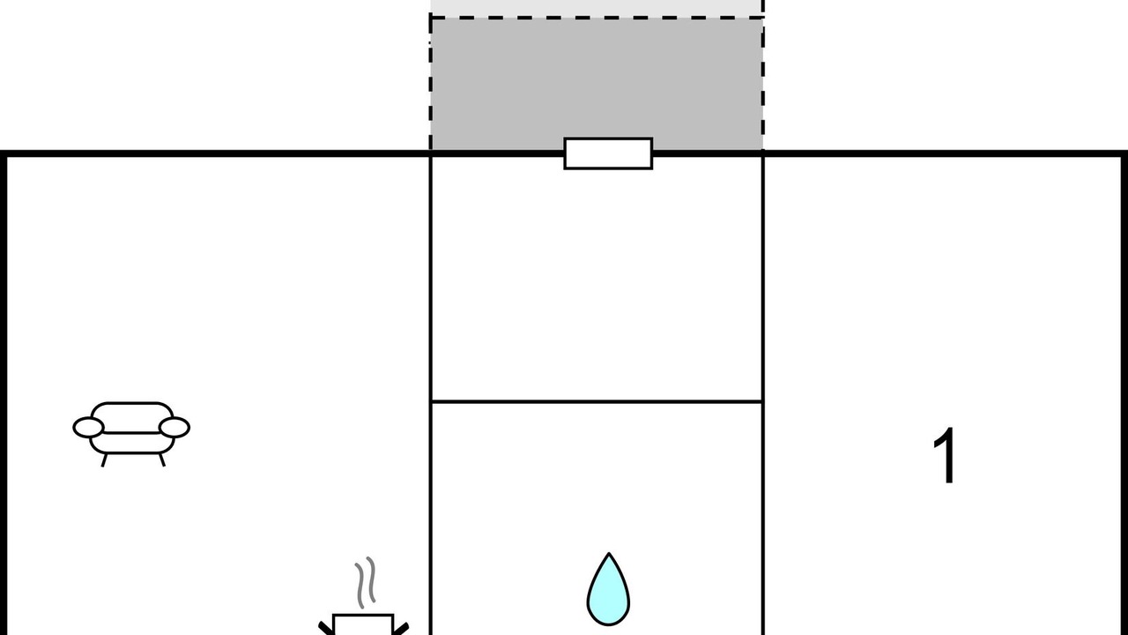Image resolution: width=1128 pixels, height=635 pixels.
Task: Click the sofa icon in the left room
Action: point(131,434)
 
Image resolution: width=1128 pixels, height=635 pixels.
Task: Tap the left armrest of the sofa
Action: point(89,428)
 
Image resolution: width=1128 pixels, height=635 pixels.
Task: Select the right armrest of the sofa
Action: point(174,428)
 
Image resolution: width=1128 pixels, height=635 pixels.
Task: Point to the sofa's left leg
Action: point(104,460)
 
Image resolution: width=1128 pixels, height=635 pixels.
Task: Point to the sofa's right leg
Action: point(162,459)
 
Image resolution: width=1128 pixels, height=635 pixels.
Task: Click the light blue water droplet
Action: point(608,590)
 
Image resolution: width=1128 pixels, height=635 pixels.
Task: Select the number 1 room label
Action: point(944,456)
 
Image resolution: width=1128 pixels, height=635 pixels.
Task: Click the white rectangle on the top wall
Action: point(608,153)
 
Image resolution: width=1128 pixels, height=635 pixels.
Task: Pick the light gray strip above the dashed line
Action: point(597,8)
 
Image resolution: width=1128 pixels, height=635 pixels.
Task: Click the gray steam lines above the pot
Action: point(366,582)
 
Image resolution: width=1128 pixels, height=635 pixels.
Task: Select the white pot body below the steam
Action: point(363,625)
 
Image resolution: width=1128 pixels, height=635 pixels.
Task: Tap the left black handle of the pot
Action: point(326,629)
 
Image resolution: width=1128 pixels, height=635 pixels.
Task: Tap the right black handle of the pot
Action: point(401,629)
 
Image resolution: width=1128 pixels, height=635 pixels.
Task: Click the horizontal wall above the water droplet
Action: point(597,401)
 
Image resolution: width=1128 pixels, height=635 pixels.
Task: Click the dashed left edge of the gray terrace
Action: point(431,83)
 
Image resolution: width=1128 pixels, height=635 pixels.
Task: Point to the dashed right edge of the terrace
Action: point(763,76)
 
